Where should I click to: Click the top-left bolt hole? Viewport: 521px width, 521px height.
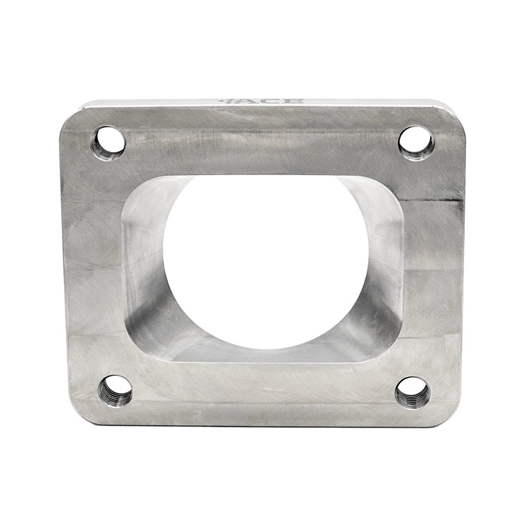[108, 142]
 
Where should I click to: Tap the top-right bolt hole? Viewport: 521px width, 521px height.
[416, 142]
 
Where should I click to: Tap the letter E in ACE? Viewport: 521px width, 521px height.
[295, 101]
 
